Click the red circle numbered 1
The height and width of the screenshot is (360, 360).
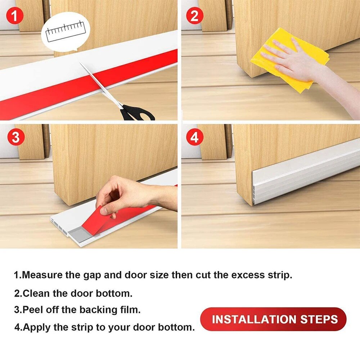click(15, 15)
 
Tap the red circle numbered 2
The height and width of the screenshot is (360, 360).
click(195, 15)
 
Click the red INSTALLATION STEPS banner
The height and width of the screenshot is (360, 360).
click(273, 319)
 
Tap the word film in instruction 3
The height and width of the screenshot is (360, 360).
click(130, 310)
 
